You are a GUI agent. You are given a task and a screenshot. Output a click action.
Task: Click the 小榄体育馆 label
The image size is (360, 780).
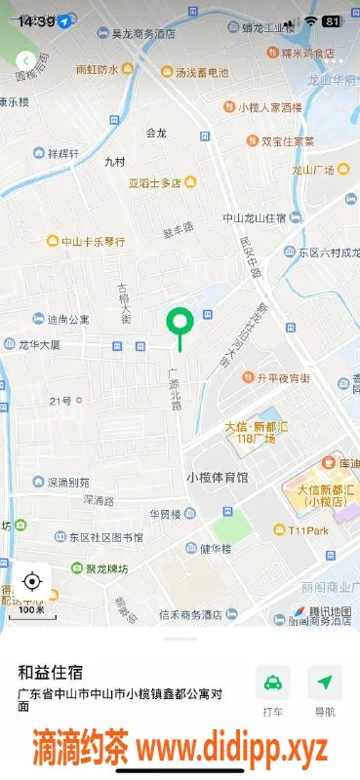point(217,477)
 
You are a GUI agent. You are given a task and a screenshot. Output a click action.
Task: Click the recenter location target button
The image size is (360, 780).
point(31,582)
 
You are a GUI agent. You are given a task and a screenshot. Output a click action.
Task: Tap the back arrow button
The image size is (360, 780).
point(25,60)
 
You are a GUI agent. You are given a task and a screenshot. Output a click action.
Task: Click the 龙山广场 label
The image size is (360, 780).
point(313,170)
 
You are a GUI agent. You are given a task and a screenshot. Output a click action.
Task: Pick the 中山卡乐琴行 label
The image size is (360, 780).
point(94,241)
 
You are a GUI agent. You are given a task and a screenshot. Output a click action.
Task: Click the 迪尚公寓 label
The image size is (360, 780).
point(68,318)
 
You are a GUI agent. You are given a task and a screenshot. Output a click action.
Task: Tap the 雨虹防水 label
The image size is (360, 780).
point(97,70)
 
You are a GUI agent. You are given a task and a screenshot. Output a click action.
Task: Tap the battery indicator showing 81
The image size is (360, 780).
point(332,20)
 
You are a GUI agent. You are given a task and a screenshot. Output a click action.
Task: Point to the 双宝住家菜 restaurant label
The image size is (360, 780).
point(287,140)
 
